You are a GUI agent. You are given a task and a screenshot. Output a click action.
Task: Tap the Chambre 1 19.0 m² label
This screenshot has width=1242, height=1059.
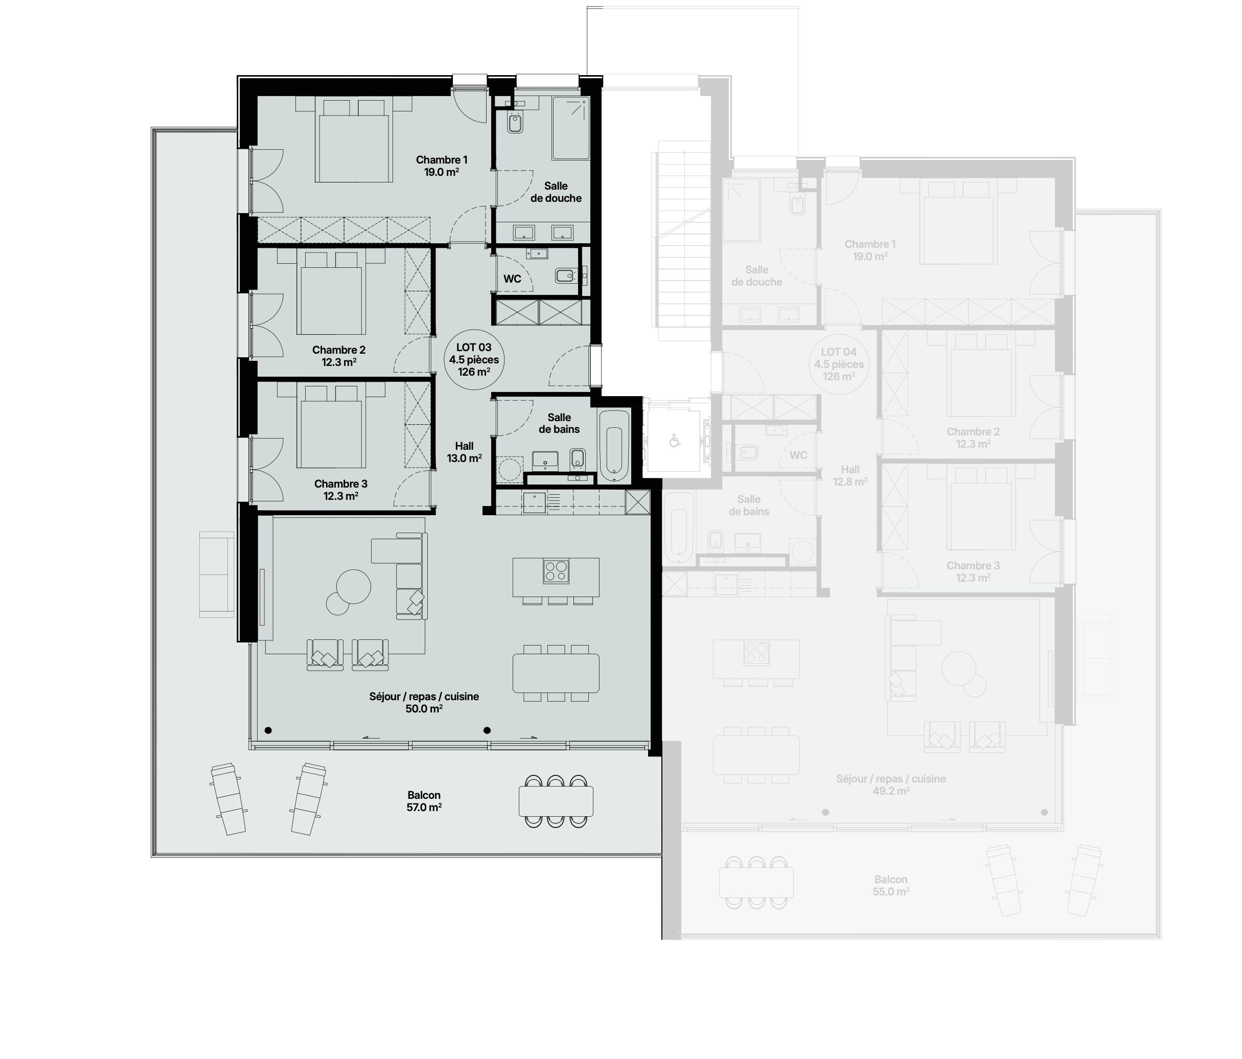pyautogui.click(x=442, y=166)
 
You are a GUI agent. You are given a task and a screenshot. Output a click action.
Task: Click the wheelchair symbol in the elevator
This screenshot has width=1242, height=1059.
pyautogui.click(x=674, y=441)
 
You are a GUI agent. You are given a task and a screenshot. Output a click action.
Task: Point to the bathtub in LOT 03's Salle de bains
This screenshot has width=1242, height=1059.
pyautogui.click(x=614, y=446)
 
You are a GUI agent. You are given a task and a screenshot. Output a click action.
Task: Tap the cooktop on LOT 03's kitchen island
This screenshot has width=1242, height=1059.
pyautogui.click(x=556, y=570)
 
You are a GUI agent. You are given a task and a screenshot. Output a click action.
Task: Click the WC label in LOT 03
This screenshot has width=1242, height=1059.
pyautogui.click(x=512, y=279)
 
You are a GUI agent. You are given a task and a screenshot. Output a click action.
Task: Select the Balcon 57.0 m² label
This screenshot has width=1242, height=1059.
pyautogui.click(x=424, y=801)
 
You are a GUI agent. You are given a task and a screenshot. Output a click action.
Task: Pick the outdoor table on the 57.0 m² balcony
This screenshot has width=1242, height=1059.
pyautogui.click(x=556, y=801)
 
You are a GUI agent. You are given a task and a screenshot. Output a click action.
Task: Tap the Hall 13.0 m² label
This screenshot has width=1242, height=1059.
pyautogui.click(x=464, y=452)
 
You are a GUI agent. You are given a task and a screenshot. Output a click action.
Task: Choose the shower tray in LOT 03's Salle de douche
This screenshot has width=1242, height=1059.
pyautogui.click(x=570, y=128)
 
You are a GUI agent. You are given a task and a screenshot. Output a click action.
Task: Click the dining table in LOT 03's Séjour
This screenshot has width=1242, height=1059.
pyautogui.click(x=556, y=673)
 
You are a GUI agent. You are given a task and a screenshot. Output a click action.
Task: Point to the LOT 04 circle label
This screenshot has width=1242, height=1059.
pyautogui.click(x=839, y=364)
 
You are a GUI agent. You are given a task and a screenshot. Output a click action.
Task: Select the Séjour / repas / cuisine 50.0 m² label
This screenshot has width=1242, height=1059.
pyautogui.click(x=424, y=702)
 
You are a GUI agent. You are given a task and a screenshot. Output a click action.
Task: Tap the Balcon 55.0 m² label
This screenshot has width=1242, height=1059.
pyautogui.click(x=891, y=885)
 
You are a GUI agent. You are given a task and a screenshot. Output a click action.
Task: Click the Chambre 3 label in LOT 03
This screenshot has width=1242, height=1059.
pyautogui.click(x=340, y=490)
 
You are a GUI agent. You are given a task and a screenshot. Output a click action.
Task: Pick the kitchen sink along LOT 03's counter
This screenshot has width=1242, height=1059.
pyautogui.click(x=534, y=503)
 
